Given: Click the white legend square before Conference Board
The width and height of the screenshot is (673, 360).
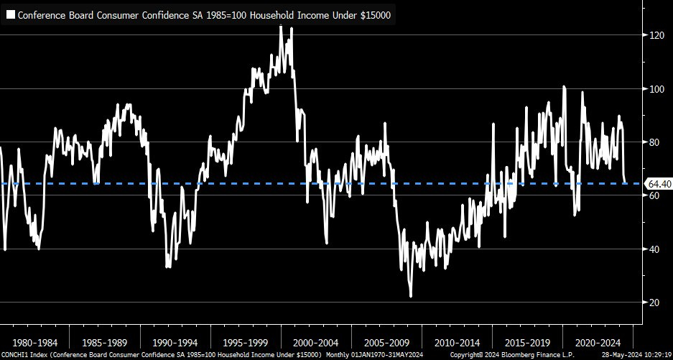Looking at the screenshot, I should [x=10, y=15].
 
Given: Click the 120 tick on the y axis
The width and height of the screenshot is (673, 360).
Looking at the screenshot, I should [x=656, y=35].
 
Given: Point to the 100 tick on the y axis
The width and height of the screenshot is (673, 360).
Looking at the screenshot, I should [x=656, y=89].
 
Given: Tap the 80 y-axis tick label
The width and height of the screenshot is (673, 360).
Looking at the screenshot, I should [x=654, y=142].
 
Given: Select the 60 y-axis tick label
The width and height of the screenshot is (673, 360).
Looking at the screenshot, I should [x=654, y=195].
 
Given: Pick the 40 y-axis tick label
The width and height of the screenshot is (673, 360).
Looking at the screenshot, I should [x=654, y=249].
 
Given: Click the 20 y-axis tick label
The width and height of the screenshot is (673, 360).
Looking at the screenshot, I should [x=654, y=303].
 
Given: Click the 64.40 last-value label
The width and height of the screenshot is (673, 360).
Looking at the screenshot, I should [x=657, y=183].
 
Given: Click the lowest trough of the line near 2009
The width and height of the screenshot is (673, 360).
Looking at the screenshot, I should [x=410, y=295].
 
